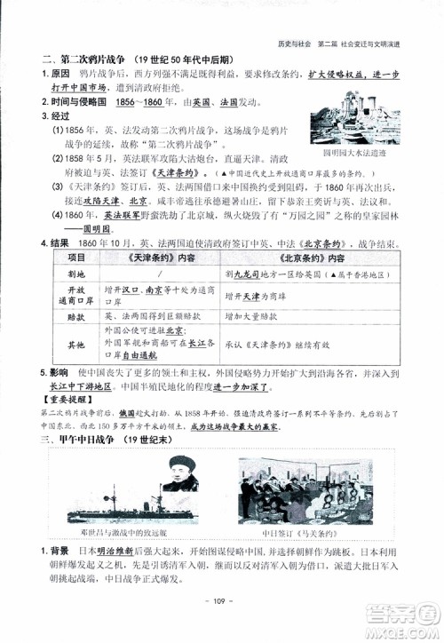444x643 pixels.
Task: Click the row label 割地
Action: (66, 274)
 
